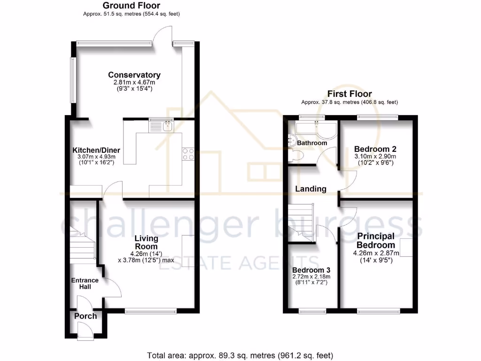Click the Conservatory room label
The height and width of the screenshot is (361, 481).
tap(134, 75)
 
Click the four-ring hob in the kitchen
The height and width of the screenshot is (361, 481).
tap(188, 154)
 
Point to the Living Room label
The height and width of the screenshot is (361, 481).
tap(147, 242)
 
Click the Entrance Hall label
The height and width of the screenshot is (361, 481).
tap(85, 283)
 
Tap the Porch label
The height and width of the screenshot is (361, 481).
tap(85, 316)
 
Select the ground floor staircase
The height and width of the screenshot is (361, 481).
tap(82, 244)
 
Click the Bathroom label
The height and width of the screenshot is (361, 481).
tap(313, 143)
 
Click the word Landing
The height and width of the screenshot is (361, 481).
tap(310, 189)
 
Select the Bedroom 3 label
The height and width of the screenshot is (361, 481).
tap(311, 270)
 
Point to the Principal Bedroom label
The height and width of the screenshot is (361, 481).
tap(375, 240)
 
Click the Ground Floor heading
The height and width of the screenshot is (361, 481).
tap(131, 6)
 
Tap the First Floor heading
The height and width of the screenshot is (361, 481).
tap(349, 94)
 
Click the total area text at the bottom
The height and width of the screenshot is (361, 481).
tap(240, 355)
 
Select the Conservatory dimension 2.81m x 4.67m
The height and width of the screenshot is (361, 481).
tap(134, 82)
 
